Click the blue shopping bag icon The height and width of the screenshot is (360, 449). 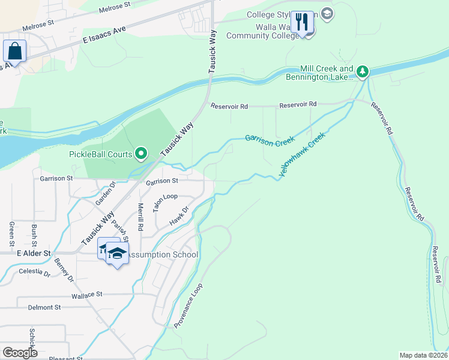(x=14, y=51)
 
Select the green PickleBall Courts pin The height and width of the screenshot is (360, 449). (x=142, y=154)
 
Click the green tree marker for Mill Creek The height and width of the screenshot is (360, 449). (x=363, y=72)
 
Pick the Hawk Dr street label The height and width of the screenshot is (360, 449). (x=179, y=217)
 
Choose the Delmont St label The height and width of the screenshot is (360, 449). (x=44, y=307)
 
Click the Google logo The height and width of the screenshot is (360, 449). (x=20, y=352)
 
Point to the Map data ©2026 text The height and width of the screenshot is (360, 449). (x=423, y=355)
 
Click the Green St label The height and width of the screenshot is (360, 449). (x=11, y=235)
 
